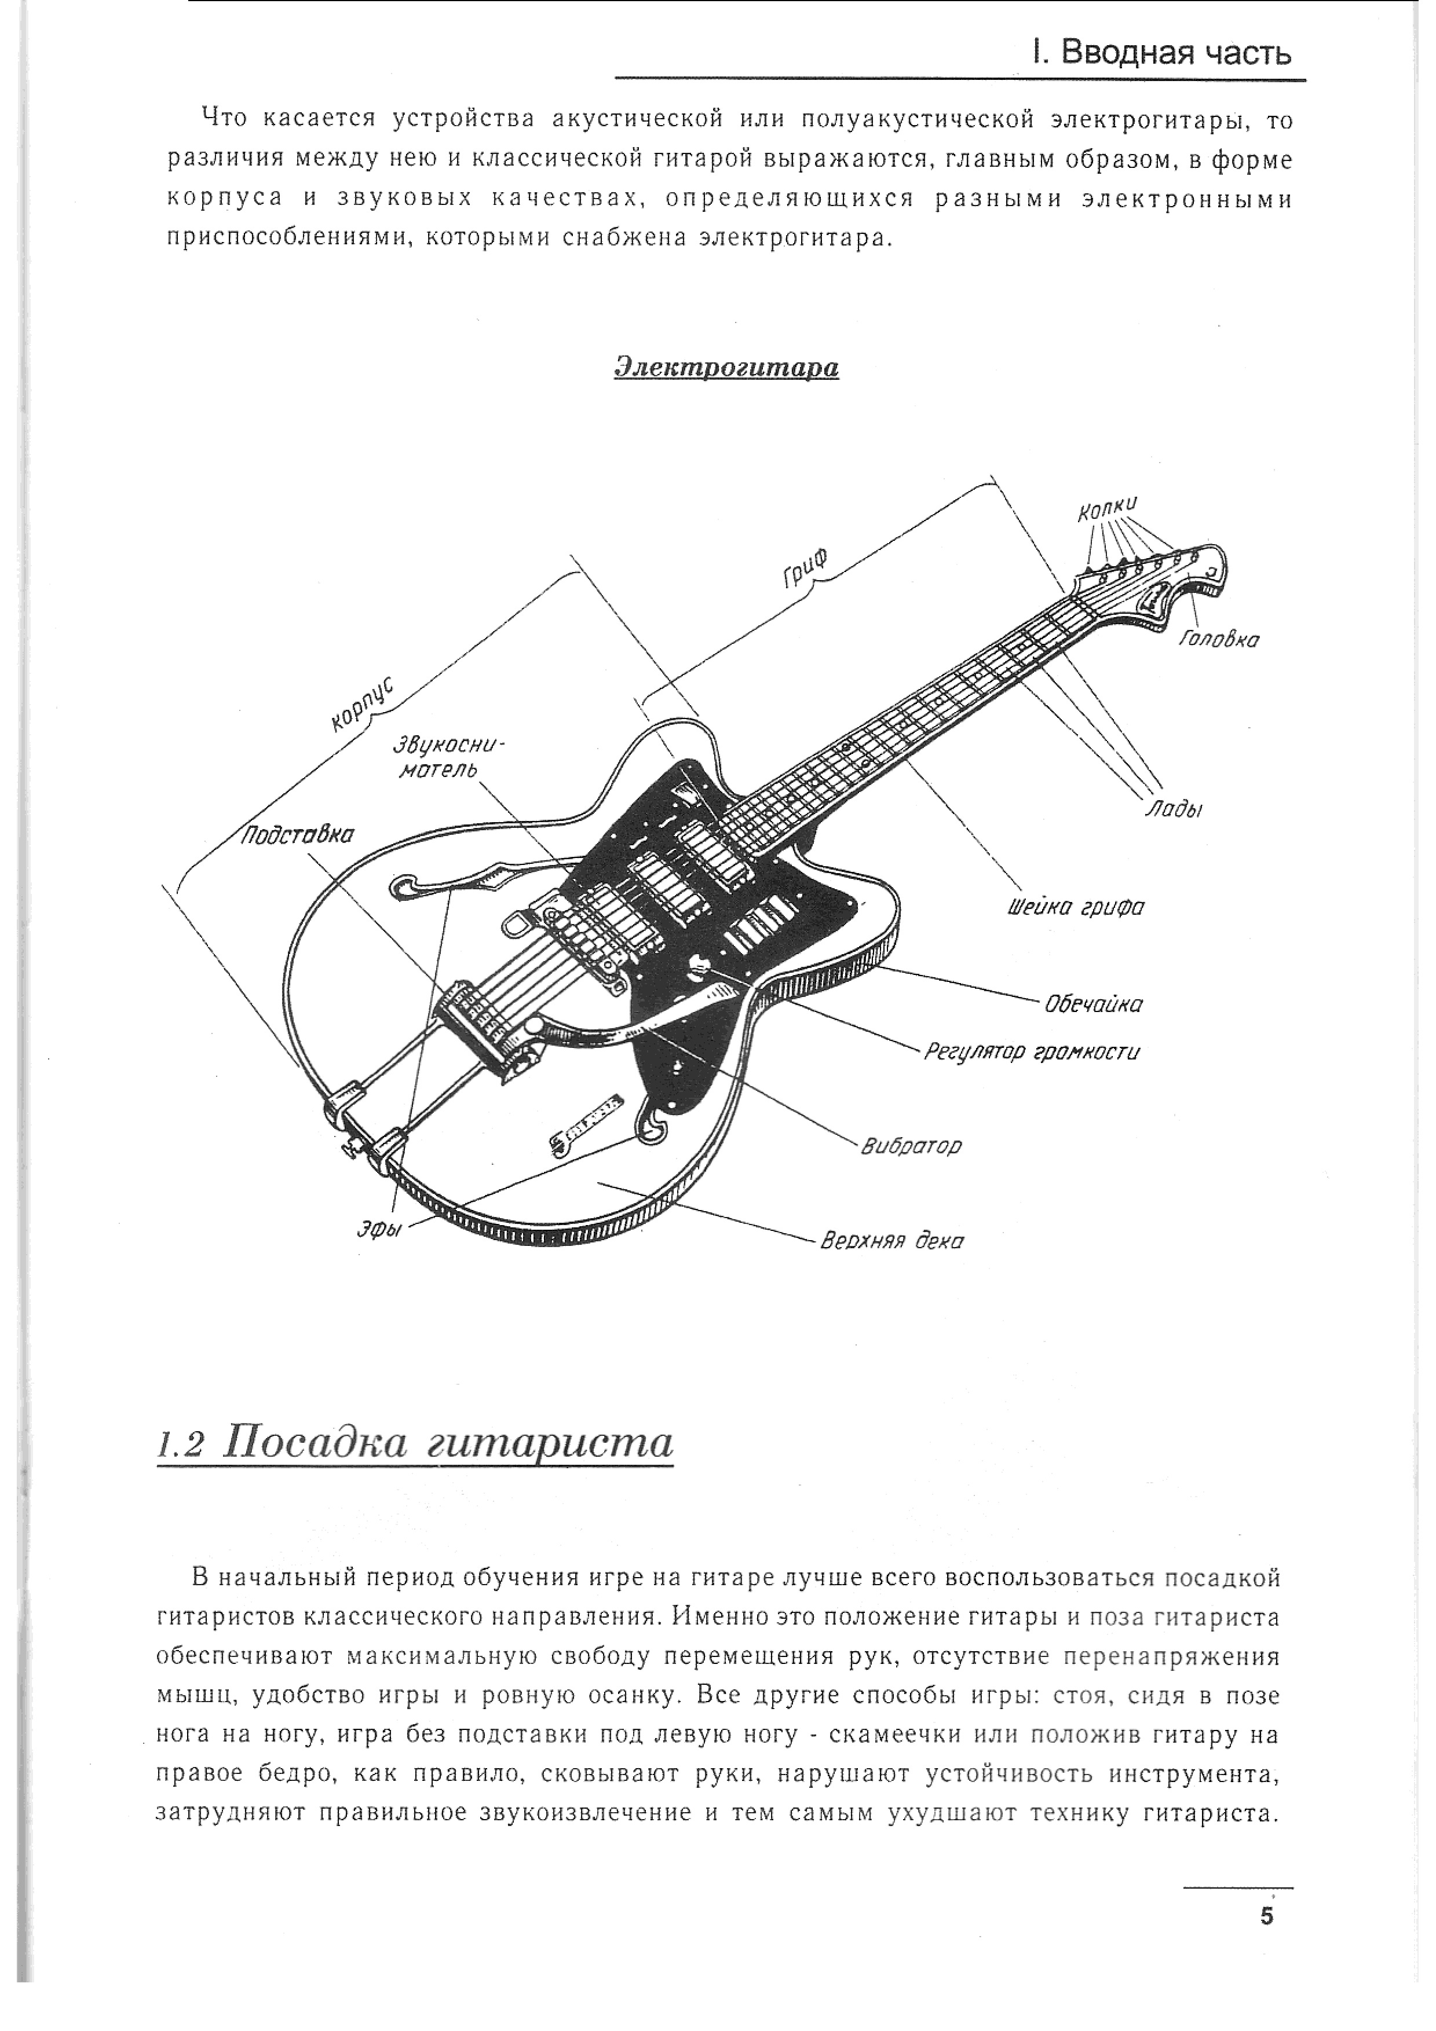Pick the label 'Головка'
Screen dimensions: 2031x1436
[x=1218, y=639]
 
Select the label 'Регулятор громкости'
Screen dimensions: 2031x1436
[x=1032, y=1052]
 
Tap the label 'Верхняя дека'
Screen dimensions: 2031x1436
[x=892, y=1241]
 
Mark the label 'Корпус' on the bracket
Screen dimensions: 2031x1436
[x=363, y=704]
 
